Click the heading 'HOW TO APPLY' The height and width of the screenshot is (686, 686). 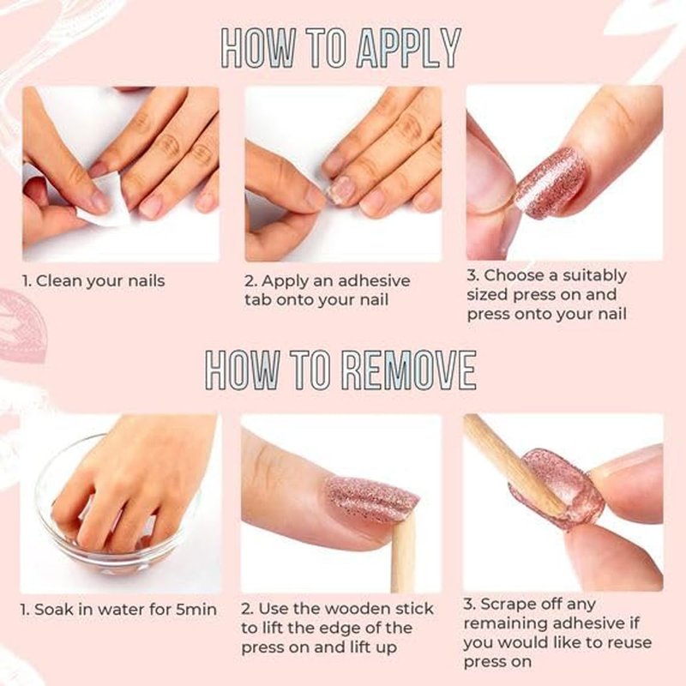pyautogui.click(x=341, y=48)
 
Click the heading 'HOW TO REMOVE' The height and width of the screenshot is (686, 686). pyautogui.click(x=340, y=370)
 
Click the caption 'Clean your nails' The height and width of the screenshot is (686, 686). pyautogui.click(x=100, y=281)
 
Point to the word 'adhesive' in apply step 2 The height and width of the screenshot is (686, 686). pyautogui.click(x=374, y=280)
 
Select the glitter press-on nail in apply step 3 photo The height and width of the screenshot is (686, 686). pyautogui.click(x=551, y=183)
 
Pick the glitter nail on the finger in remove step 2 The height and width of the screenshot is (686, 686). pyautogui.click(x=371, y=500)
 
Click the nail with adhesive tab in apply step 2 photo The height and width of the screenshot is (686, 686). pyautogui.click(x=342, y=190)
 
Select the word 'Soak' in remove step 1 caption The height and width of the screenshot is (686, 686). pyautogui.click(x=54, y=609)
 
